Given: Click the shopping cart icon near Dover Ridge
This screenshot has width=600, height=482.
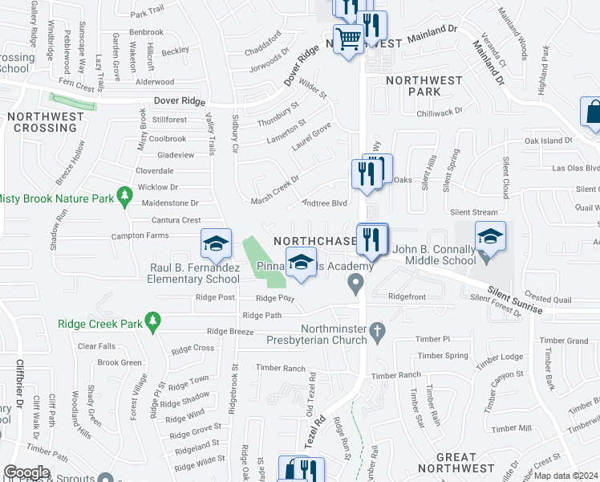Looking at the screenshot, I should [x=348, y=38].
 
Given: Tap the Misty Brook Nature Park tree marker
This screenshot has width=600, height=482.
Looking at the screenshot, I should [x=124, y=195].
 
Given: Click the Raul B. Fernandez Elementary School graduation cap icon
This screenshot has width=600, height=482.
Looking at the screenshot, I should [x=216, y=243].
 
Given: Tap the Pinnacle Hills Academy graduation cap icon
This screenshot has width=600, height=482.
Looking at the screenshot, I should [x=301, y=263].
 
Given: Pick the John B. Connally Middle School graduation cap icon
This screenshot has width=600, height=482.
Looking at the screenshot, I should [x=490, y=236].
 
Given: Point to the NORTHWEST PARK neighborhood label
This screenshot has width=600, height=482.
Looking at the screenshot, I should [x=424, y=86].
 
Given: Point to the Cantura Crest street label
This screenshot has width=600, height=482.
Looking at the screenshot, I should [x=176, y=220].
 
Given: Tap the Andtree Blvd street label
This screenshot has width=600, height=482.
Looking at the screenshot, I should [x=323, y=203].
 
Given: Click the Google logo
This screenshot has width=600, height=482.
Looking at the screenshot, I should [x=26, y=472].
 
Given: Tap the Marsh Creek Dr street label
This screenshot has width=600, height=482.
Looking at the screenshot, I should [x=274, y=189].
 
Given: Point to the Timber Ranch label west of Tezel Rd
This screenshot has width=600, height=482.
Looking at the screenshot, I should [x=281, y=368].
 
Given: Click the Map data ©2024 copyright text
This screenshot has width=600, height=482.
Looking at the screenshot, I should [x=566, y=476].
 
